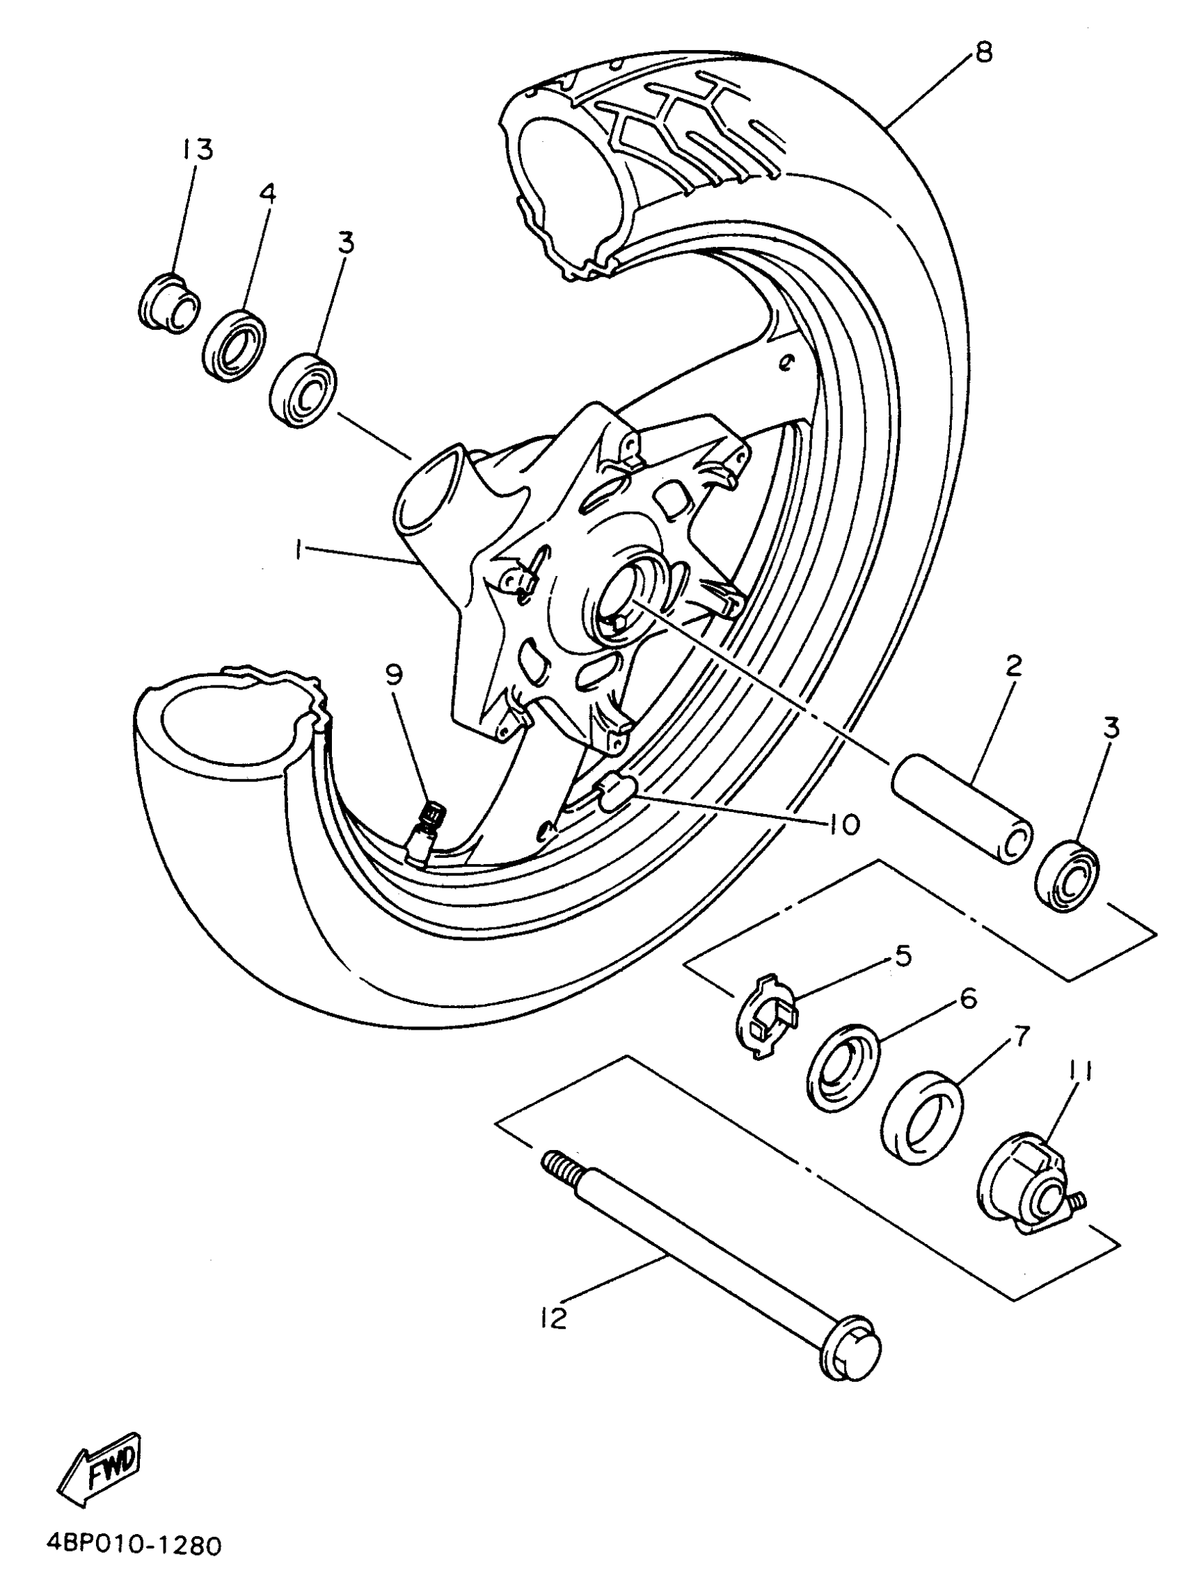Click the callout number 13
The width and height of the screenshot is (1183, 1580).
pyautogui.click(x=197, y=150)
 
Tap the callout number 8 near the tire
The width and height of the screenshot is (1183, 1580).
pyautogui.click(x=983, y=53)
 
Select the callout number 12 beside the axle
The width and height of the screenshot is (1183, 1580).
pyautogui.click(x=554, y=1318)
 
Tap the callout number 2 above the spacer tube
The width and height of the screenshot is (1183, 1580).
pyautogui.click(x=1013, y=666)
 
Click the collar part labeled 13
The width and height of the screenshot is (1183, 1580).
pyautogui.click(x=168, y=303)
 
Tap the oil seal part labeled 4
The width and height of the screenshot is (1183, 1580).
pyautogui.click(x=235, y=343)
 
